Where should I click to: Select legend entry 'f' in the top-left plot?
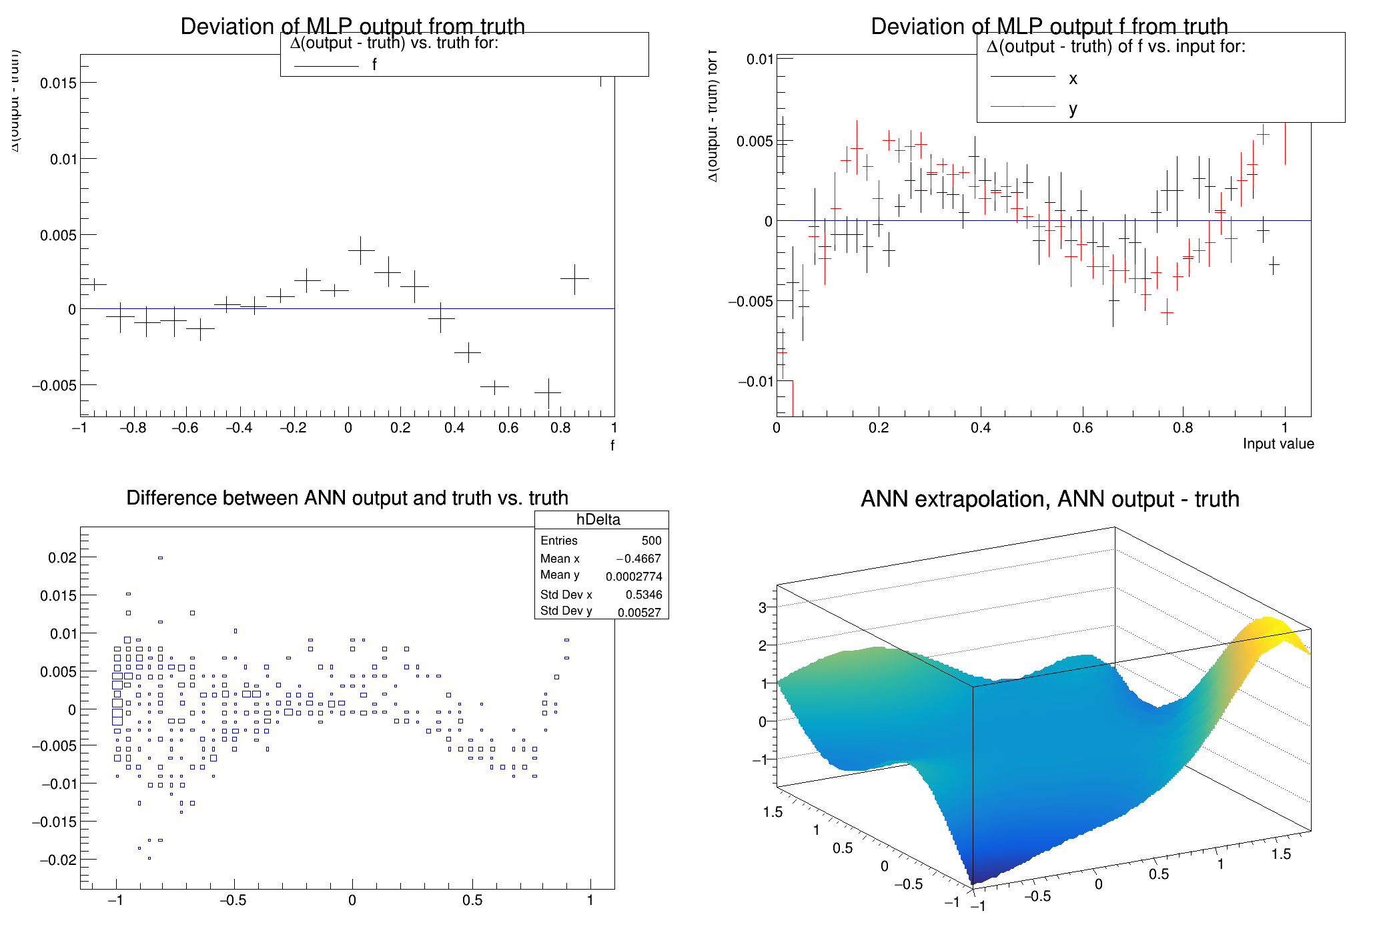tap(374, 65)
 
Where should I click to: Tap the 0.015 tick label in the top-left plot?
tap(58, 83)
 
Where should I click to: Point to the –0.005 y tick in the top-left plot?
tap(54, 386)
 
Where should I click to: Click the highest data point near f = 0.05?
tap(361, 250)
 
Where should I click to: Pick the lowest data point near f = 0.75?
tap(548, 393)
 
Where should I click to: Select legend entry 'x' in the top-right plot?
tap(1072, 79)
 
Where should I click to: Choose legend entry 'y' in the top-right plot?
tap(1072, 108)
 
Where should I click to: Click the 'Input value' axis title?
tap(1278, 444)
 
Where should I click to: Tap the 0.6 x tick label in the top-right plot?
tap(1082, 428)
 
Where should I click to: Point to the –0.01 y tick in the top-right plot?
tap(755, 382)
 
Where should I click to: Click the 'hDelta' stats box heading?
tap(598, 520)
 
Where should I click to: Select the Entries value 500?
tap(651, 541)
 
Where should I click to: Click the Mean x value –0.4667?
tap(638, 559)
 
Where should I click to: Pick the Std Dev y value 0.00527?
tap(638, 612)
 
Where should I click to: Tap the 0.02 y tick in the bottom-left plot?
tap(62, 558)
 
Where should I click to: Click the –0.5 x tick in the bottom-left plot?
tap(233, 900)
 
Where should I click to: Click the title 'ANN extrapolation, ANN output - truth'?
tap(1049, 499)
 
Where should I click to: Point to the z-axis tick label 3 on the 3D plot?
tap(763, 607)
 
